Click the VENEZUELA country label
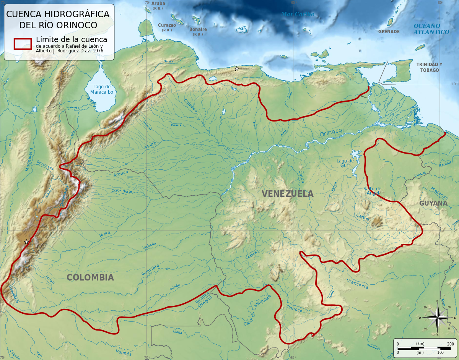click(288, 194)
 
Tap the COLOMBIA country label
click(90, 277)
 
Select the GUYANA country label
click(433, 203)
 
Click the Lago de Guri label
click(345, 163)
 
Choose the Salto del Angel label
click(373, 191)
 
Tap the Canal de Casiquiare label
click(257, 310)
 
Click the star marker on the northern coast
click(237, 69)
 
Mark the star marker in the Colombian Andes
click(26, 242)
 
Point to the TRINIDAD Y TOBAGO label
click(429, 67)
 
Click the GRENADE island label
click(389, 32)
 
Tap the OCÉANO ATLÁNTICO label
click(431, 29)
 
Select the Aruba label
click(158, 3)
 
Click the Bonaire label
click(198, 29)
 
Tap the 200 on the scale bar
click(450, 344)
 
